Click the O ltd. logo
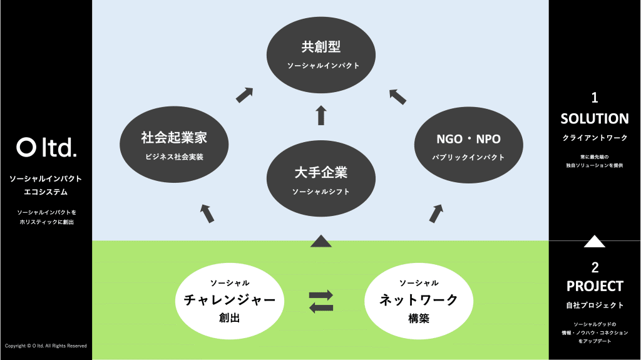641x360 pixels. [46, 147]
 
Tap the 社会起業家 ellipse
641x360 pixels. [173, 145]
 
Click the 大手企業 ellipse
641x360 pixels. [321, 178]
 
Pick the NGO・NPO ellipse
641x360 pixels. [468, 145]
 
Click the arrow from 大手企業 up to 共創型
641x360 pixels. [321, 115]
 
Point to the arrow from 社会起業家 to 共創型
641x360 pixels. [244, 95]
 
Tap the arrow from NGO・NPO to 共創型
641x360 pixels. [397, 95]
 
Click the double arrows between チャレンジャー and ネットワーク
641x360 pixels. [321, 301]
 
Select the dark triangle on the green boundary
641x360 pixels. [320, 240]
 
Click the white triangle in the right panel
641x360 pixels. [594, 240]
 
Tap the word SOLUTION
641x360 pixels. [595, 118]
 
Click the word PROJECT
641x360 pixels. [595, 286]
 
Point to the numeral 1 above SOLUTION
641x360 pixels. [595, 98]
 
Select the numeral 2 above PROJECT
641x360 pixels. [595, 267]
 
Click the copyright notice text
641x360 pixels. [46, 346]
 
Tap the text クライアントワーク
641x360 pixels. [595, 138]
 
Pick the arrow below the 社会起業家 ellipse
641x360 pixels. [208, 213]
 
